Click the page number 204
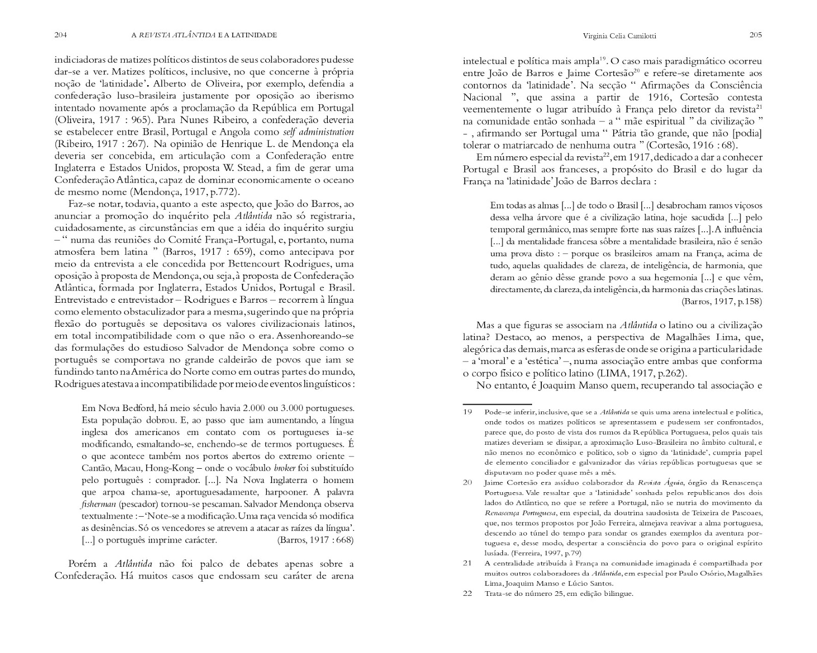61,35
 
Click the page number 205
756,35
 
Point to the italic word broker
284,468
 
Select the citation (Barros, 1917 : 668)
315,540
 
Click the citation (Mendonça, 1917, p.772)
184,192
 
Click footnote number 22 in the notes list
467,594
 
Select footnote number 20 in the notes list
467,482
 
